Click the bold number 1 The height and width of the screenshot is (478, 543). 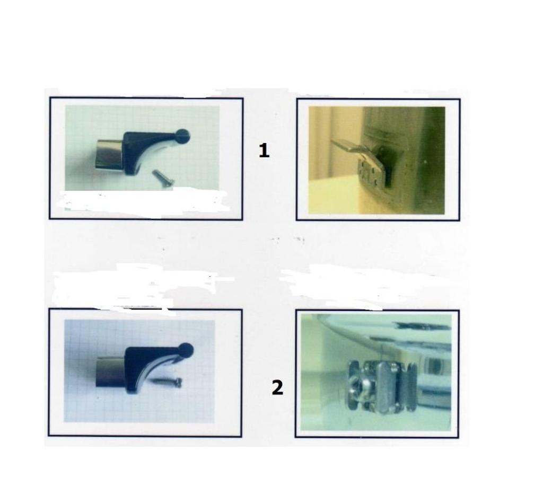264,151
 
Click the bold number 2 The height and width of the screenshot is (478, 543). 277,388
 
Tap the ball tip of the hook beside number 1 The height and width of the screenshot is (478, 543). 183,135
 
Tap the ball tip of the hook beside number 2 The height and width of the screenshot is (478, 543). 187,350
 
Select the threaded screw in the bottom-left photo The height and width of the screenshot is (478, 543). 165,382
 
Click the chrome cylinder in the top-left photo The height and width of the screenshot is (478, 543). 109,154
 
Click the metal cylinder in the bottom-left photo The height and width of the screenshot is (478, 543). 110,372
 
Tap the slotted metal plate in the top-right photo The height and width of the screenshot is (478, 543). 369,171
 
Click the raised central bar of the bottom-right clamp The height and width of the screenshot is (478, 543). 386,387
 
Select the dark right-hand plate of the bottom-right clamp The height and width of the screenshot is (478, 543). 408,387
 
